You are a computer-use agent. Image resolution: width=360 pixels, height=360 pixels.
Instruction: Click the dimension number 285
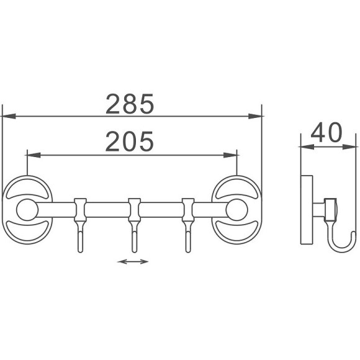click(130, 104)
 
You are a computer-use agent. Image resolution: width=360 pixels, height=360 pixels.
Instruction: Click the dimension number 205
click(130, 141)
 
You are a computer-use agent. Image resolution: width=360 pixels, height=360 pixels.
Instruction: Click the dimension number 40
click(326, 132)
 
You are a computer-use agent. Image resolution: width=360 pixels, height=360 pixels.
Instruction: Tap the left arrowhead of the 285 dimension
click(9, 116)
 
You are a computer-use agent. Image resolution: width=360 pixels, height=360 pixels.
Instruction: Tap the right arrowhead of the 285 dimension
click(255, 116)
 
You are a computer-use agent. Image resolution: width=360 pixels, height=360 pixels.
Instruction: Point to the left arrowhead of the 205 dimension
click(34, 155)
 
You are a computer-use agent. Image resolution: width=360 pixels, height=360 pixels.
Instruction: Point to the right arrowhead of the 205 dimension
click(230, 155)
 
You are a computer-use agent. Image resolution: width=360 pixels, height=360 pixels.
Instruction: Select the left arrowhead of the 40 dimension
click(307, 147)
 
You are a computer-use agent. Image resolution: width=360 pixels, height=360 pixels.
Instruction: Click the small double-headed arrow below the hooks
click(133, 261)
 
